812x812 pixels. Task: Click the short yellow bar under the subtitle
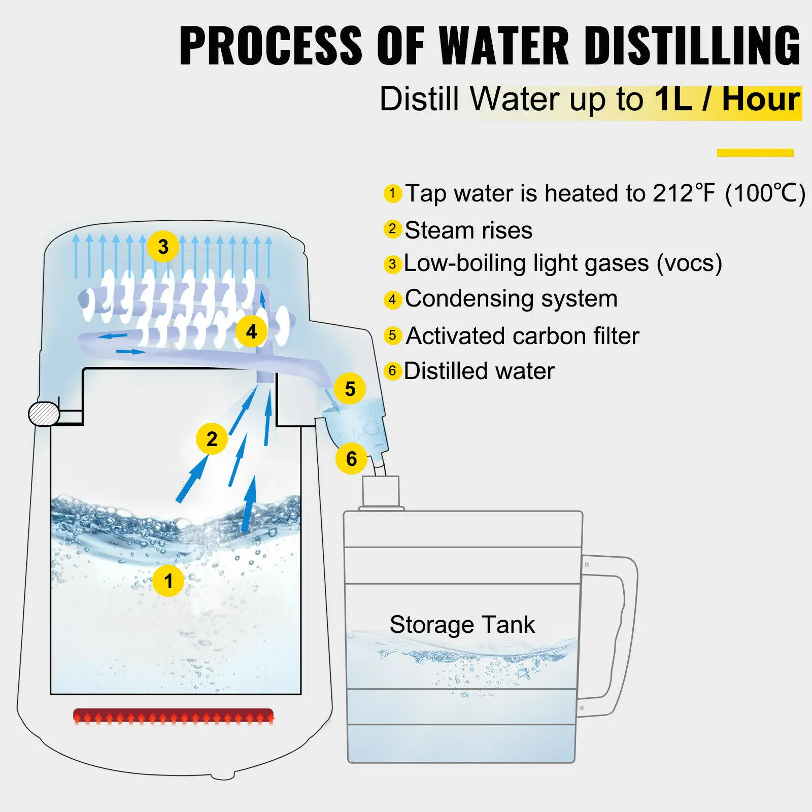click(755, 152)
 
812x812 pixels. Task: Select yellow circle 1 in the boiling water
click(168, 581)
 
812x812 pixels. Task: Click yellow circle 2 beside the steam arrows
click(212, 438)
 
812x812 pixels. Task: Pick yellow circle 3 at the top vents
click(163, 247)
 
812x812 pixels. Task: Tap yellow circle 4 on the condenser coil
click(251, 331)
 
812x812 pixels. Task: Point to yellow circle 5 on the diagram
click(350, 389)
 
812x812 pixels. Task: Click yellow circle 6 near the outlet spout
click(351, 458)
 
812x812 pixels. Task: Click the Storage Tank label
click(462, 624)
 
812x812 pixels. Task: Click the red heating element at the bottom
click(174, 716)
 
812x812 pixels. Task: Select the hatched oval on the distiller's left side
click(44, 414)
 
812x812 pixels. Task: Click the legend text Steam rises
click(468, 230)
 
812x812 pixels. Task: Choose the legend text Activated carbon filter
click(522, 336)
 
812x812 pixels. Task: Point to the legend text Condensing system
click(511, 298)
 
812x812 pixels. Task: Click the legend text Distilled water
click(479, 371)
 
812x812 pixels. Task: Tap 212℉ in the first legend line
click(684, 193)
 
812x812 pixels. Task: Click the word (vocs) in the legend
click(689, 263)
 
